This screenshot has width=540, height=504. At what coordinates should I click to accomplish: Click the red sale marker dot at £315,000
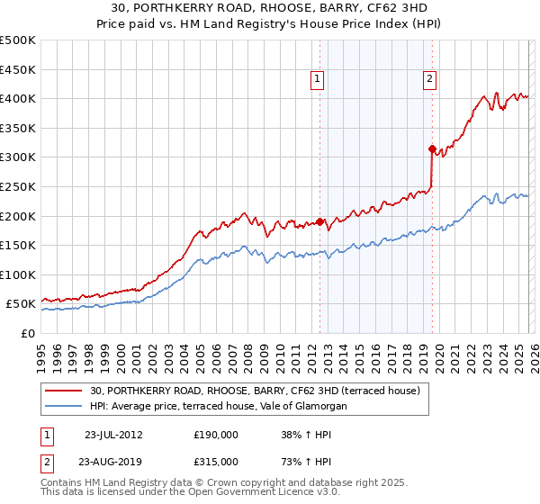click(x=432, y=148)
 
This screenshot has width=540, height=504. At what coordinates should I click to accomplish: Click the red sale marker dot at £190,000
click(x=319, y=221)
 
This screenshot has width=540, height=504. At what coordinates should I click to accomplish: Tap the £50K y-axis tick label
click(x=22, y=304)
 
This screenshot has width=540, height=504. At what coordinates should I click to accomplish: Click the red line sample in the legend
click(x=65, y=391)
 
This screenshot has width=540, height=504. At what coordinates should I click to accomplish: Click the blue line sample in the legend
click(x=65, y=407)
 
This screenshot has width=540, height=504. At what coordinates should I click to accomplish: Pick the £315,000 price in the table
click(x=215, y=461)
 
